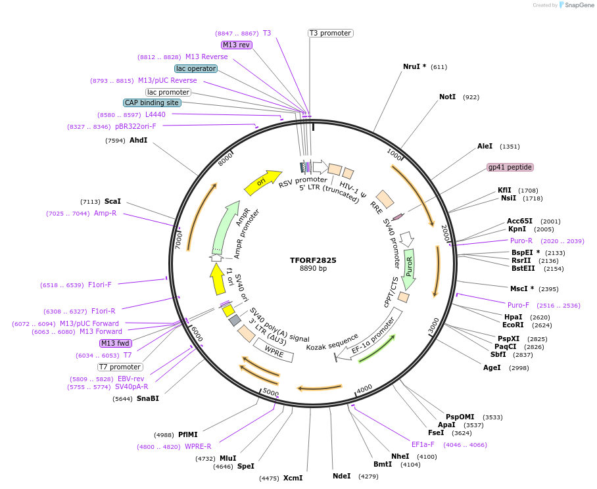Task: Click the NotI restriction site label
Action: (447, 97)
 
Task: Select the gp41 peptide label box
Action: (510, 167)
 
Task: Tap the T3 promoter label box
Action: (330, 33)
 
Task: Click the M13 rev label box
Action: (236, 45)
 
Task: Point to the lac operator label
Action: (196, 68)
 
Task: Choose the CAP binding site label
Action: (151, 103)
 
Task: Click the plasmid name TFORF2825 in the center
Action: (313, 260)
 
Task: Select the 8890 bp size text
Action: (313, 269)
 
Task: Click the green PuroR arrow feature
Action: (409, 269)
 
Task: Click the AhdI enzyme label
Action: (138, 140)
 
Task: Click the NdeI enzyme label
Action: (341, 476)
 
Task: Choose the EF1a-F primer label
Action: (423, 444)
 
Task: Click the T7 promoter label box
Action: (120, 367)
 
